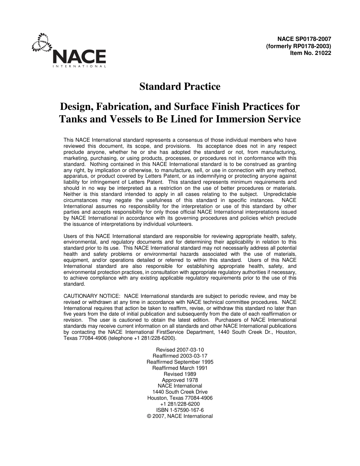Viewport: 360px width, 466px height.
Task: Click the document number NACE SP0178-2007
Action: tap(304, 39)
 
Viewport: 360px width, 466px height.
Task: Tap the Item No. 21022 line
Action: tap(310, 53)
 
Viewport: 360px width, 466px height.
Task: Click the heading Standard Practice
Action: tap(180, 87)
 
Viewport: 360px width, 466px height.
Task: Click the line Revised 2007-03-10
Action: tap(180, 350)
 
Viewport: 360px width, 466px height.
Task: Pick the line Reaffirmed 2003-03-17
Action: tap(180, 356)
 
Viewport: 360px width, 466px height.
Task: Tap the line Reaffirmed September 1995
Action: tap(180, 362)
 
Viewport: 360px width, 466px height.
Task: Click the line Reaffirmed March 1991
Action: tap(180, 368)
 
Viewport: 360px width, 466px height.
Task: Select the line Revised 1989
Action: tap(180, 374)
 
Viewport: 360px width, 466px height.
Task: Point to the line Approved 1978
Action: tap(180, 380)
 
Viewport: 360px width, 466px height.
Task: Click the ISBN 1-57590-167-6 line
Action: tap(180, 410)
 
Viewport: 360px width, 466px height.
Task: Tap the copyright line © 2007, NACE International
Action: tap(180, 416)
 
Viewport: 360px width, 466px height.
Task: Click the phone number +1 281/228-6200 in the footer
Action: tap(180, 404)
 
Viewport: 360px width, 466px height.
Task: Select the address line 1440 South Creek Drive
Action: tap(180, 392)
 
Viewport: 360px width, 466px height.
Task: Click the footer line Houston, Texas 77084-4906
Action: tap(180, 398)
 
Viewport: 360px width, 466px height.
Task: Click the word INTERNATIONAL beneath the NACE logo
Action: tap(79, 66)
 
